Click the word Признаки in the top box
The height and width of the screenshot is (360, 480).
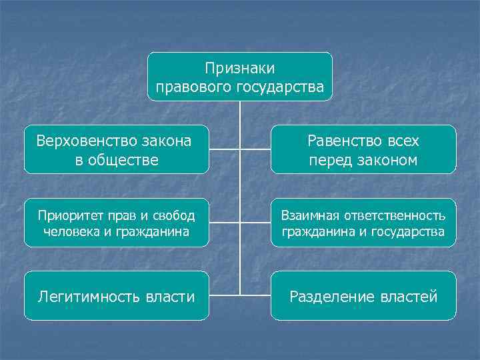click(x=239, y=68)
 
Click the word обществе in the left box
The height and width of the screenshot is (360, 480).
click(x=125, y=160)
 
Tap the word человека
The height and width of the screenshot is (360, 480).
click(x=69, y=232)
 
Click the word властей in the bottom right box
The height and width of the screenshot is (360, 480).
click(x=408, y=297)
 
